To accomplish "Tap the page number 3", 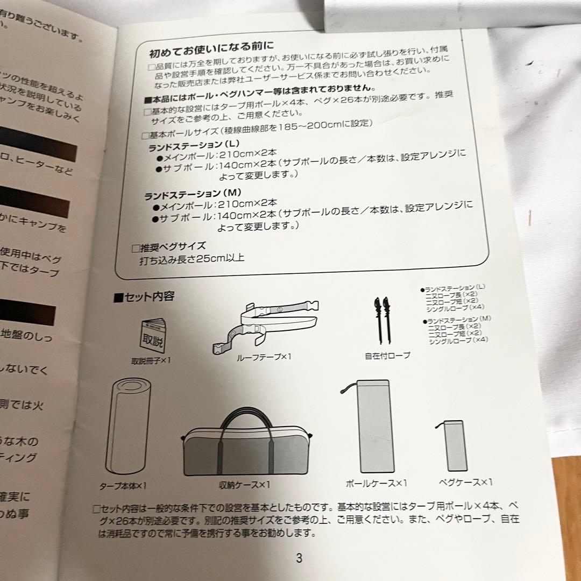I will [299, 558].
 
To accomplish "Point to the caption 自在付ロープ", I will [387, 355].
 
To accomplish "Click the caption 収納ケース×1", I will [245, 484].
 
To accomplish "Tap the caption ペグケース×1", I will [465, 482].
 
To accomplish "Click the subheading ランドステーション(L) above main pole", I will [193, 145].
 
